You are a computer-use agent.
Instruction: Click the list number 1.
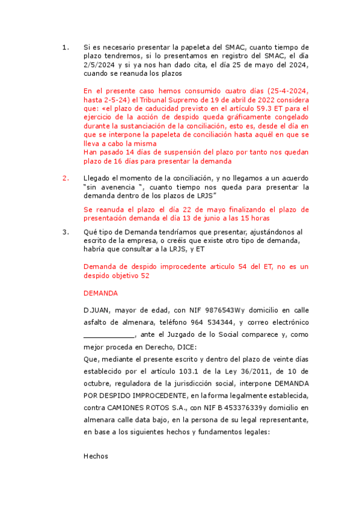tap(66, 47)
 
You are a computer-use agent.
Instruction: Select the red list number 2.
tap(66, 178)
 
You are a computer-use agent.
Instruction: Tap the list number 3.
tap(66, 232)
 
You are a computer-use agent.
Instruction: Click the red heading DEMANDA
tap(100, 293)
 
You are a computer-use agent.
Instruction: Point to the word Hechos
tap(96, 456)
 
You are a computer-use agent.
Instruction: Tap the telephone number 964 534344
tap(188, 322)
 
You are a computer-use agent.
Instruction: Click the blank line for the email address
tap(109, 335)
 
